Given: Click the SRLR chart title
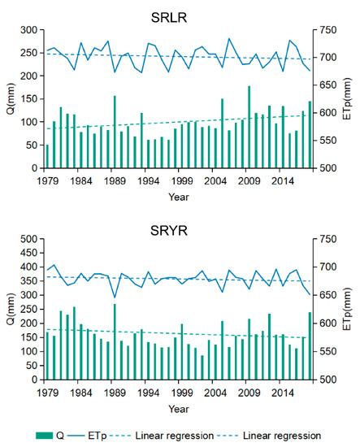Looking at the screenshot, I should [180, 16].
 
